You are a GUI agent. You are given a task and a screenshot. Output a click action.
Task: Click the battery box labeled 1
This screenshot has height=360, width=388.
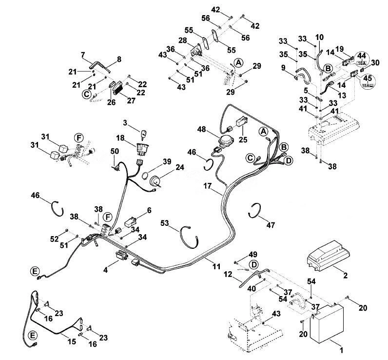click(327, 323)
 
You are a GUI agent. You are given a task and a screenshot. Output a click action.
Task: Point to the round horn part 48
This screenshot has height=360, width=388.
click(225, 141)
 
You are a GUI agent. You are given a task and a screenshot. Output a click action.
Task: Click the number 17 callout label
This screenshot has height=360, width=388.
click(207, 186)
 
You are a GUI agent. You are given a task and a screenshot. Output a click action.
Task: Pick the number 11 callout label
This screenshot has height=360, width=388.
click(216, 267)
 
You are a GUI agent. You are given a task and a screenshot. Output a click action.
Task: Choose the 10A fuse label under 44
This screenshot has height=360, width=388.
click(362, 63)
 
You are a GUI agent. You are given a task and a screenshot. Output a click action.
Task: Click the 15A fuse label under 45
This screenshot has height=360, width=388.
click(368, 85)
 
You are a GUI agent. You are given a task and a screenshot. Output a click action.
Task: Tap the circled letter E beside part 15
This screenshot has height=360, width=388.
click(33, 336)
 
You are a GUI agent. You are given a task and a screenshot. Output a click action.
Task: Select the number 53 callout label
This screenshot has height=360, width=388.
click(165, 223)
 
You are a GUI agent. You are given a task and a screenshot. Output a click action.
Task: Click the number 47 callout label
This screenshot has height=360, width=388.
click(271, 225)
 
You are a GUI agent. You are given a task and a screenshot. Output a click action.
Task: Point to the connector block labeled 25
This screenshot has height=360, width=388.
click(242, 122)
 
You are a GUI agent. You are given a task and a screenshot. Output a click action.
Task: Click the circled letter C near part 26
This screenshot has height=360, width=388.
click(86, 94)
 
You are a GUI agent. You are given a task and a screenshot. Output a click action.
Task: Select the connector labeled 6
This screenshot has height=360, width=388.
click(131, 222)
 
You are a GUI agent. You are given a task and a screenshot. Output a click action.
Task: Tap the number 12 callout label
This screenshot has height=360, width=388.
click(228, 275)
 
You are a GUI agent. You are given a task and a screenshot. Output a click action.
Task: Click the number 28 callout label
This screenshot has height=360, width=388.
click(183, 40)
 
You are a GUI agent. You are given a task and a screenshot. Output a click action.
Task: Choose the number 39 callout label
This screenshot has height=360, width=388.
click(167, 162)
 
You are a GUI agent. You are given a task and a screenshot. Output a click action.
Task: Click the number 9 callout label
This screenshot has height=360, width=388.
click(283, 67)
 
